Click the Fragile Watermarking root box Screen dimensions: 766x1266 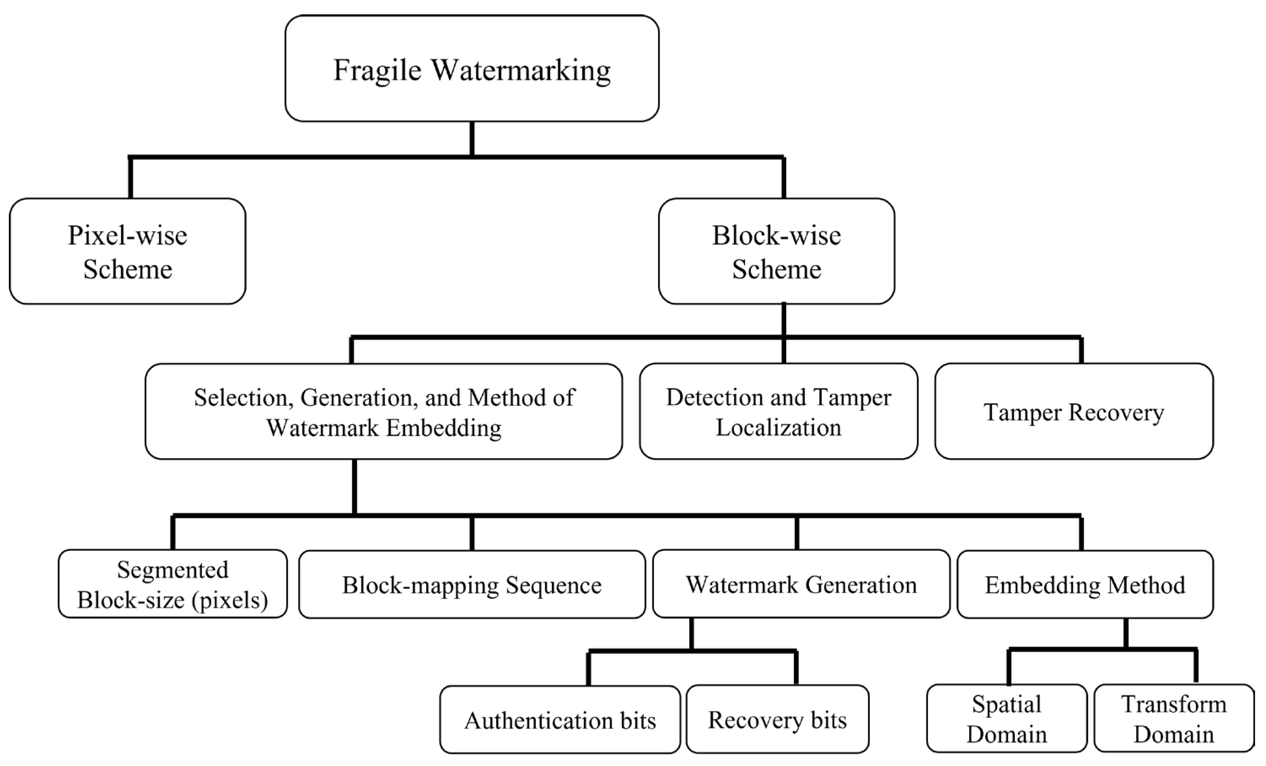click(472, 68)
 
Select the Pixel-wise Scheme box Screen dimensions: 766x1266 click(127, 251)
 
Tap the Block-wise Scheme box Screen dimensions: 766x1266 click(777, 251)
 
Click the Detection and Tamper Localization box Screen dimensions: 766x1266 click(778, 411)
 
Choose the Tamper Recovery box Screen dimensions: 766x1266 click(1074, 411)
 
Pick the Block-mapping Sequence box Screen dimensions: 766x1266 click(472, 585)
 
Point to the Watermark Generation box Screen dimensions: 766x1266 click(801, 584)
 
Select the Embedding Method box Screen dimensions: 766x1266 click(1085, 585)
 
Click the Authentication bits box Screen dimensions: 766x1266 click(560, 720)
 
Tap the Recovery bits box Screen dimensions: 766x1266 click(777, 719)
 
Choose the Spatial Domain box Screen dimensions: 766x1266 click(1007, 719)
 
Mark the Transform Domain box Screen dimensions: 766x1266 click(1174, 719)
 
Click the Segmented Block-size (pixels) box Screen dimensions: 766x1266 click(173, 584)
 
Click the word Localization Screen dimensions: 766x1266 click(778, 427)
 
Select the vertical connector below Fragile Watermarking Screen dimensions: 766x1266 click(472, 139)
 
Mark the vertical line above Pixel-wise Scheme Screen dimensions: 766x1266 click(131, 177)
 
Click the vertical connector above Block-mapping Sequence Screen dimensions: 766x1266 click(472, 533)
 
